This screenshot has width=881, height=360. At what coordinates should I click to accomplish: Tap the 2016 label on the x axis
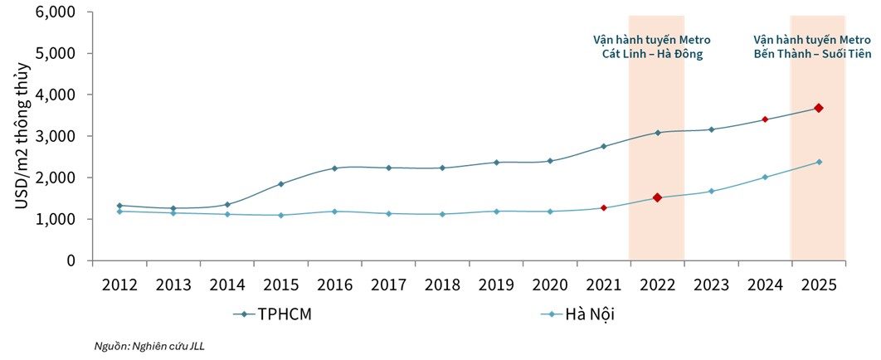click(334, 285)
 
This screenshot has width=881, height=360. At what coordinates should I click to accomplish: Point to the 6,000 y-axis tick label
click(56, 12)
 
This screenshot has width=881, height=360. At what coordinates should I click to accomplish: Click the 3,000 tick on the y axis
click(56, 136)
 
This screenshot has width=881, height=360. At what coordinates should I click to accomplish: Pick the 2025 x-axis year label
click(818, 285)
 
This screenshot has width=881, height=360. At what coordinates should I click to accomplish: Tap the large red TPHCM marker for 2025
click(818, 108)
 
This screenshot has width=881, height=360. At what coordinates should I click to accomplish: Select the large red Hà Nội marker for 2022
click(657, 197)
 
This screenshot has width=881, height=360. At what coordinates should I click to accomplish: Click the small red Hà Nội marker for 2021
click(603, 207)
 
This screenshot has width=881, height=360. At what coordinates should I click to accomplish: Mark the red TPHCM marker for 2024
click(765, 119)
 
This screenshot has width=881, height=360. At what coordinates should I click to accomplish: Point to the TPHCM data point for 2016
click(334, 168)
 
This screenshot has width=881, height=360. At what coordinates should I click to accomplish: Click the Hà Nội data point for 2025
click(818, 162)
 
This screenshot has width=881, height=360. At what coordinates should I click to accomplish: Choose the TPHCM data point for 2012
click(119, 206)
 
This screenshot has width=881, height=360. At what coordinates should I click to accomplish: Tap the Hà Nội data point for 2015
click(280, 215)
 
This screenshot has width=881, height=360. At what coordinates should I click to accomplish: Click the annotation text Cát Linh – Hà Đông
click(651, 55)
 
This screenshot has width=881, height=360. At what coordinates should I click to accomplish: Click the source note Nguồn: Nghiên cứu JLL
click(148, 346)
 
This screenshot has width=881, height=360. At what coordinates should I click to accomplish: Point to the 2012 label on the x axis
click(119, 285)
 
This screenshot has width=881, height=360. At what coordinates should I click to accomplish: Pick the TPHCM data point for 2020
click(549, 161)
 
